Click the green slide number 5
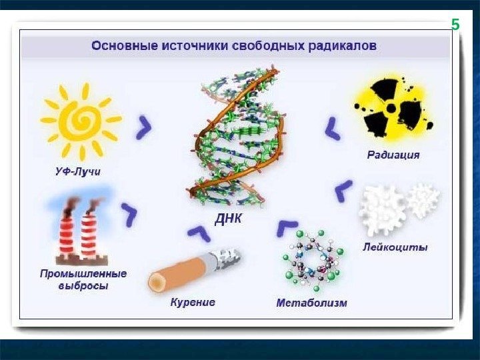pyautogui.click(x=455, y=25)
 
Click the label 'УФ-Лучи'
pyautogui.click(x=77, y=171)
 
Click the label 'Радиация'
pyautogui.click(x=393, y=155)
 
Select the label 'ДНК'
pyautogui.click(x=228, y=219)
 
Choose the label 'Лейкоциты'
pyautogui.click(x=395, y=247)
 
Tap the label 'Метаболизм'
pyautogui.click(x=311, y=303)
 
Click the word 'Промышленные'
pyautogui.click(x=83, y=273)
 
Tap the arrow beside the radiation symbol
pyautogui.click(x=332, y=127)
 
